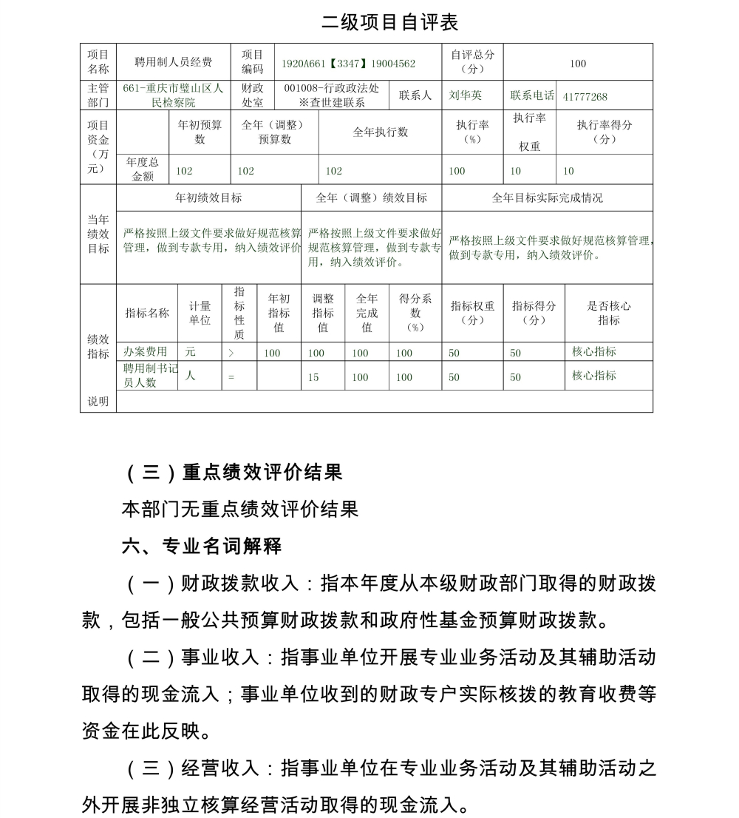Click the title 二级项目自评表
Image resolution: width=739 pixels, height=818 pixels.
coord(389,22)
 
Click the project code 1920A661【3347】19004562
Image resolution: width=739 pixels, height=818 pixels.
coord(348,64)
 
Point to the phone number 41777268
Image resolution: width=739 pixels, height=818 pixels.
coord(585,96)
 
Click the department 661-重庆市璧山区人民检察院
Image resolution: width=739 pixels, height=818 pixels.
coord(173,95)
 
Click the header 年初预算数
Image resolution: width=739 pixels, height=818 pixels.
coord(200,132)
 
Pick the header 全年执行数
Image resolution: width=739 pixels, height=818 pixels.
coord(380,132)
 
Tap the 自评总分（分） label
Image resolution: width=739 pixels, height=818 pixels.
coord(472,62)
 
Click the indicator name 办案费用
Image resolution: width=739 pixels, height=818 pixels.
coord(145,352)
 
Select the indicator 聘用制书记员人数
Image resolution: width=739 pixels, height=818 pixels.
coord(150,375)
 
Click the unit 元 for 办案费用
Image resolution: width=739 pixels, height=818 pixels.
coord(191,352)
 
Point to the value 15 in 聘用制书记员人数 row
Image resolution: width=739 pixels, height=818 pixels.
coord(313,377)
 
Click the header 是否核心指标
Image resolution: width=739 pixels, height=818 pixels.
coord(608,313)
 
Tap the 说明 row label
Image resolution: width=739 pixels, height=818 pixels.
coord(98,402)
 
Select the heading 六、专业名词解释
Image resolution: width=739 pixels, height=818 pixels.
coord(202,547)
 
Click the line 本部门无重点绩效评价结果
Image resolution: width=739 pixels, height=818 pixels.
coord(239,509)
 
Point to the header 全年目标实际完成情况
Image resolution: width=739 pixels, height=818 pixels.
coord(547,198)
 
